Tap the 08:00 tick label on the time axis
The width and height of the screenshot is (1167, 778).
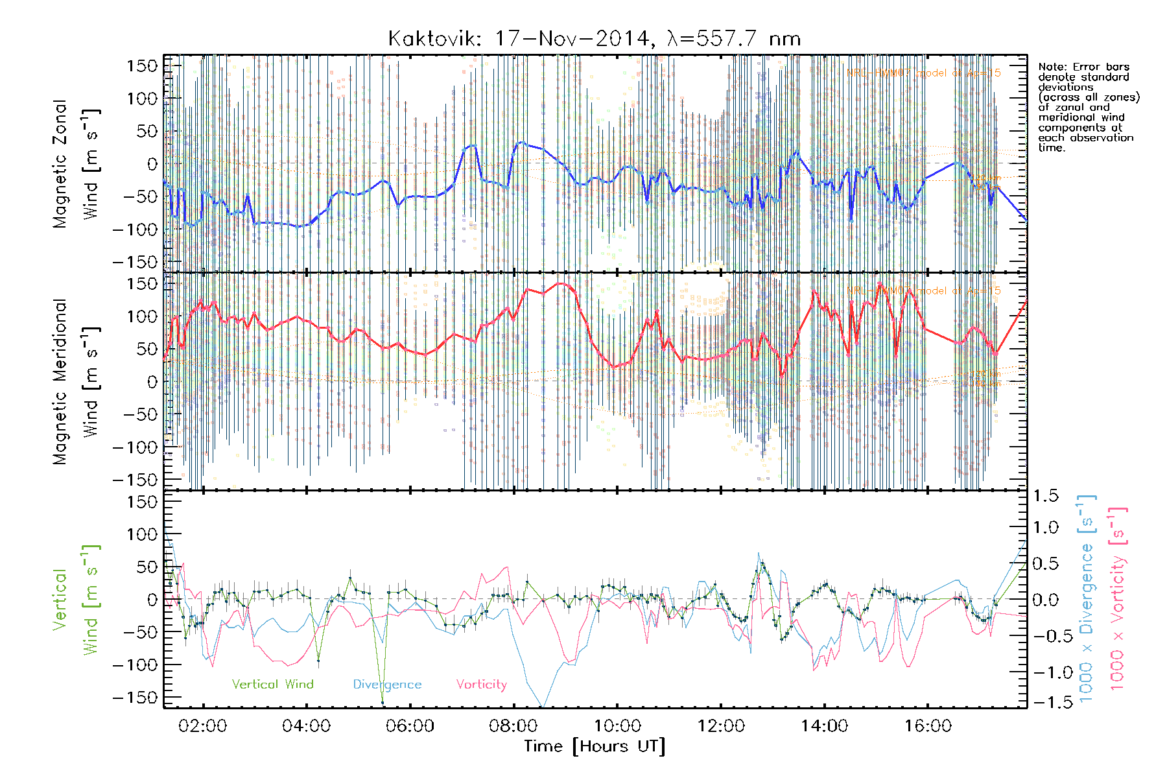coord(513,726)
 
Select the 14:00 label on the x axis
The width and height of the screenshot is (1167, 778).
coord(824,726)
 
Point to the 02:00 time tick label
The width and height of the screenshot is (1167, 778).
coord(203,726)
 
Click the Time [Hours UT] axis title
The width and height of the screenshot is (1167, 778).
coord(595,746)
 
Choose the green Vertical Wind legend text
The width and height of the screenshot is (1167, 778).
coord(272,684)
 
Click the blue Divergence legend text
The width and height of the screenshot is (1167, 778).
coord(387,684)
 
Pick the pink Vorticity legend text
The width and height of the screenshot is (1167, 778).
coord(481,684)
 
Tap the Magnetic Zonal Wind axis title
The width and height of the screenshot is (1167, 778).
coord(76,164)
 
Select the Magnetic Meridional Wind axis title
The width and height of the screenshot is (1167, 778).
coord(76,382)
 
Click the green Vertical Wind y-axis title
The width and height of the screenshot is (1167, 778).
coord(76,600)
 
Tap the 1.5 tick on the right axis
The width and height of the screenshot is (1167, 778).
coord(1045,496)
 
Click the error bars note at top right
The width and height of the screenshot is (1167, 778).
coord(1089,107)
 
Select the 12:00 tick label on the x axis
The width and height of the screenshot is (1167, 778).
coord(720,726)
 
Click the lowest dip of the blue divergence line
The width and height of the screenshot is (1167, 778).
coord(542,705)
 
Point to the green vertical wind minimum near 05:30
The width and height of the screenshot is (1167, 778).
coord(382,702)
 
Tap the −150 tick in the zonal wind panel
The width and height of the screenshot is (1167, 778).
coord(135,262)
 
